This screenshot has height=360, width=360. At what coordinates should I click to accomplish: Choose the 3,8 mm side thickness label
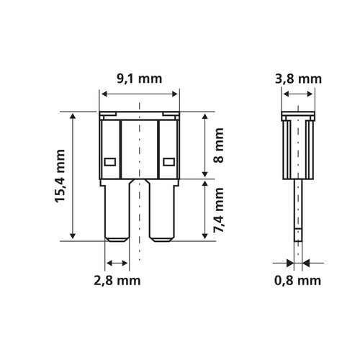tap(295, 81)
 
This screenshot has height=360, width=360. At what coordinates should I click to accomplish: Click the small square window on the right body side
tap(170, 162)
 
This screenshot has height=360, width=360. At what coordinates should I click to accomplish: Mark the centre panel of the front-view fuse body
tap(139, 148)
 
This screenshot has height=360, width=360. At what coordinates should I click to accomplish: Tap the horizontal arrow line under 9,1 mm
tap(139, 94)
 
